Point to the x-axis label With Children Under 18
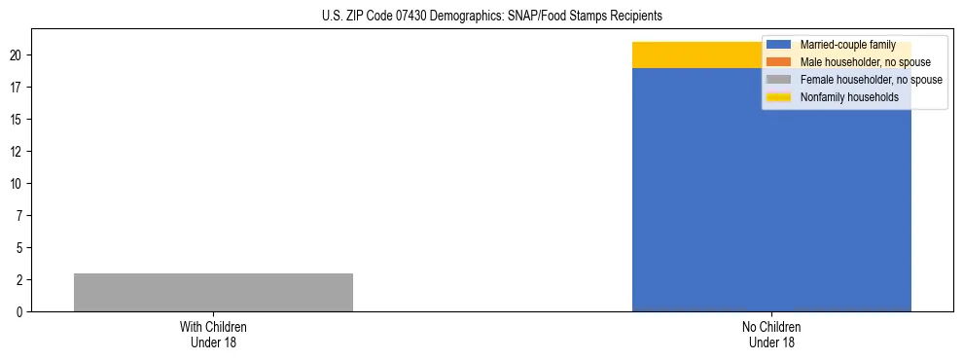[x=213, y=334]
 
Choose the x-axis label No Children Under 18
[x=771, y=334]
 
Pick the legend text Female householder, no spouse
[x=871, y=80]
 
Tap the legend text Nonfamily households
[x=849, y=97]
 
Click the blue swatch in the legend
[x=778, y=45]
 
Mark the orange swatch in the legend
[x=778, y=62]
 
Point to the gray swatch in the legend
[x=778, y=80]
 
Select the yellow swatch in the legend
[x=778, y=97]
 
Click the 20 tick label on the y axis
[x=17, y=55]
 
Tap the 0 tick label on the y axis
[x=19, y=312]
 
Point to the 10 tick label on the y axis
[x=17, y=184]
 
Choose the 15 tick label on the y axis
[x=17, y=120]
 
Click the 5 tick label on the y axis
[x=19, y=248]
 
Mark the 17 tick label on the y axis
[x=17, y=88]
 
